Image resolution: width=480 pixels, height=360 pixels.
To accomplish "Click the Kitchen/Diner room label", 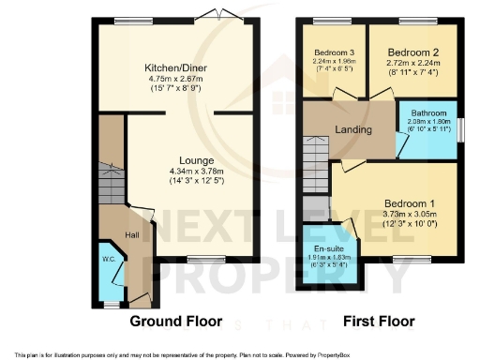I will pos(176,68).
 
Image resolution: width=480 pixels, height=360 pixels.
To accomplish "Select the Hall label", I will pos(132,234).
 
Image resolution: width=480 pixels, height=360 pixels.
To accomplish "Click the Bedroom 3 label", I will pos(334,52).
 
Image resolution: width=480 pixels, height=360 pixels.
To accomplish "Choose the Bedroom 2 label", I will pos(412,52).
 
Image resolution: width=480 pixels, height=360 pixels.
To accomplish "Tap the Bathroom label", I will pos(430,112).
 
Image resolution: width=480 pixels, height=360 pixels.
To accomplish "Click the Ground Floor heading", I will pos(175,321).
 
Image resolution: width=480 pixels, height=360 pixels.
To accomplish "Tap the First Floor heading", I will pos(378,321).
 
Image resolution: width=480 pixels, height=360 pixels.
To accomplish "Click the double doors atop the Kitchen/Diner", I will pos(216,15).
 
